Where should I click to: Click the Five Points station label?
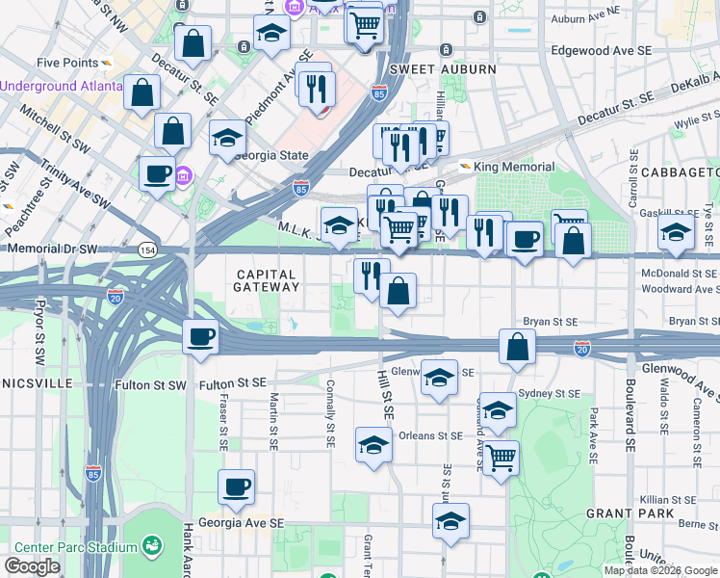(x=66, y=63)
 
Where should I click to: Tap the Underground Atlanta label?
(x=62, y=86)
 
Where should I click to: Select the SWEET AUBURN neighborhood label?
(x=443, y=69)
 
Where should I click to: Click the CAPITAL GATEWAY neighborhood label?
(x=268, y=280)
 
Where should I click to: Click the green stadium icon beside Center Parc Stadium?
(x=152, y=546)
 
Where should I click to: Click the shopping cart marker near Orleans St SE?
(x=501, y=460)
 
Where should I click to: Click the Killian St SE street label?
(x=670, y=500)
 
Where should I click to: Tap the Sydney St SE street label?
(x=549, y=394)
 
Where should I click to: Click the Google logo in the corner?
(x=33, y=566)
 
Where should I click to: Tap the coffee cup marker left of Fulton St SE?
(x=201, y=338)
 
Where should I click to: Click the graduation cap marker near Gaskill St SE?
(x=676, y=232)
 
